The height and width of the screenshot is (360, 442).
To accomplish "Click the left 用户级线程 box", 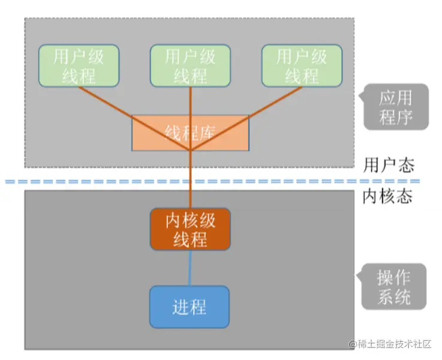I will coord(79,66).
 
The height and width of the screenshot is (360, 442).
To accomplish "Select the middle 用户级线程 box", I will coord(190,66).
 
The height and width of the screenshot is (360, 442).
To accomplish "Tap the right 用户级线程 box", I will coord(301,66).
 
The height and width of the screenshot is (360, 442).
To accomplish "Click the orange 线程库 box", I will coord(190,133).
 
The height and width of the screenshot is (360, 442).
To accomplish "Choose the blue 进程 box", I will coord(190,307).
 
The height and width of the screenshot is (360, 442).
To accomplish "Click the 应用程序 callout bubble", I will coord(396,107).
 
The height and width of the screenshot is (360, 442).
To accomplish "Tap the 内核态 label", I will coord(388,196).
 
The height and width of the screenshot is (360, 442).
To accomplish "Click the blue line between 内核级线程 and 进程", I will coord(190,268).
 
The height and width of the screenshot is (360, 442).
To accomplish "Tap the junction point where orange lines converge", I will coord(190,149).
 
